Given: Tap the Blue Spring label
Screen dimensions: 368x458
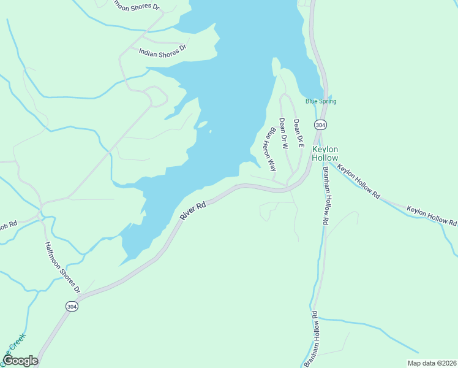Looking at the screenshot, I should tap(321, 101).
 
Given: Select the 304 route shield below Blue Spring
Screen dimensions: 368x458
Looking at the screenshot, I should tap(320, 125).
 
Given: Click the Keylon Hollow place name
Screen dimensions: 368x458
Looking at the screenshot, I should tap(325, 153).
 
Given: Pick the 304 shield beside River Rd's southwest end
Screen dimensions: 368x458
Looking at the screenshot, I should tap(72, 305).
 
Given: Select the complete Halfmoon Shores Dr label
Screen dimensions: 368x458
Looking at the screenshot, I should tap(62, 266).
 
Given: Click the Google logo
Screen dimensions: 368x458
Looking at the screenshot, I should tap(20, 361).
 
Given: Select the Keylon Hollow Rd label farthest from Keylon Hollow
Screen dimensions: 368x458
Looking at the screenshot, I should tap(432, 215).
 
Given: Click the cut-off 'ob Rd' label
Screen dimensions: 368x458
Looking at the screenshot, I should tap(8, 225).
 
